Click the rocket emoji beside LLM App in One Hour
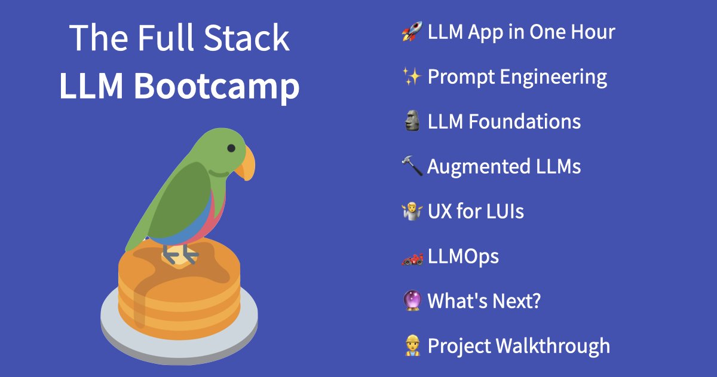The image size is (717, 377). pyautogui.click(x=412, y=32)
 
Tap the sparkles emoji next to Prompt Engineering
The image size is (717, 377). pyautogui.click(x=412, y=77)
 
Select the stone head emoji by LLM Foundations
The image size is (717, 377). pyautogui.click(x=412, y=121)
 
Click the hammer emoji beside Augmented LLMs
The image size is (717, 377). pyautogui.click(x=412, y=166)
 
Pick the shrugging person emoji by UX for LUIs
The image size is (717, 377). pyautogui.click(x=412, y=211)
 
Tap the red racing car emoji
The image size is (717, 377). pyautogui.click(x=412, y=257)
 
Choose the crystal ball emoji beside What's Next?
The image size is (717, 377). pyautogui.click(x=412, y=301)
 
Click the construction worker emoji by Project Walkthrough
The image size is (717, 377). pyautogui.click(x=412, y=346)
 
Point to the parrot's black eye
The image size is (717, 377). pyautogui.click(x=231, y=148)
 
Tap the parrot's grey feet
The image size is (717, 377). pyautogui.click(x=179, y=254)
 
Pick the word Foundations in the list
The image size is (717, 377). pyautogui.click(x=524, y=121)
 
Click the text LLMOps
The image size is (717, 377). pyautogui.click(x=463, y=257)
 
